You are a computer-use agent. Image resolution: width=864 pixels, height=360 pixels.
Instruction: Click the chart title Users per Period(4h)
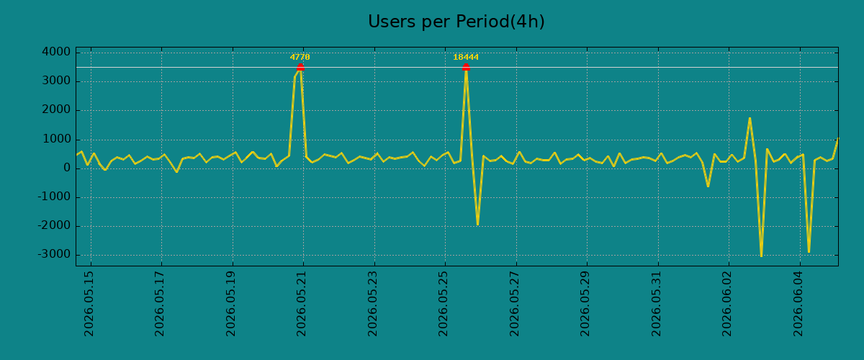456,22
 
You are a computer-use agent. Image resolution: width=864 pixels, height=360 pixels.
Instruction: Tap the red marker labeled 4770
300,67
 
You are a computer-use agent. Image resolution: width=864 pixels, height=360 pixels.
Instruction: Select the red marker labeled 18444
466,67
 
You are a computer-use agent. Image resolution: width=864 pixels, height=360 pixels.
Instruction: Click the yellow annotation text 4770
300,57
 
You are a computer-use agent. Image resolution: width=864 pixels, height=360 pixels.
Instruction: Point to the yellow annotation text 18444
466,57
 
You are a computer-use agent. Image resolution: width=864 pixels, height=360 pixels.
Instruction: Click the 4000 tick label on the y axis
56,52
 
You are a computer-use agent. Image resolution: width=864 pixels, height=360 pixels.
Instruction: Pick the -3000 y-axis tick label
54,255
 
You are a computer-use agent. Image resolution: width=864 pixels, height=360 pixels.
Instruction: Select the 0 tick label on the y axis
67,168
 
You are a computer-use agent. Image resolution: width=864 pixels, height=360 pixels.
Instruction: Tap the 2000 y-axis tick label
56,110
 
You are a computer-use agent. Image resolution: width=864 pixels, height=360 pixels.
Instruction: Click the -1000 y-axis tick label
54,197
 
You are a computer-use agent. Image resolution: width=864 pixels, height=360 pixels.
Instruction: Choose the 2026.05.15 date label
89,304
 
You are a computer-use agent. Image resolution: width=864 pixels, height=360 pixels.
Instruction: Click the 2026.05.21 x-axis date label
301,304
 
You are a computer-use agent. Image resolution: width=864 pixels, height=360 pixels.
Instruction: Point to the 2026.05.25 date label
443,304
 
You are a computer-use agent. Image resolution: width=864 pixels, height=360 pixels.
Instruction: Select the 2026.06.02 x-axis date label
726,304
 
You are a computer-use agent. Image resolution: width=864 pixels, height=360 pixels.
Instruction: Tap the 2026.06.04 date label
798,304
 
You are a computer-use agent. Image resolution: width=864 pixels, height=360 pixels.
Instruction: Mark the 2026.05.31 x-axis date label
656,304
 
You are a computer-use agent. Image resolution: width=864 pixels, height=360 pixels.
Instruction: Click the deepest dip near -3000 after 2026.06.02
761,256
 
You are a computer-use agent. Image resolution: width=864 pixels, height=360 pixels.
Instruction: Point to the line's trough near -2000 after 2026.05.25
477,225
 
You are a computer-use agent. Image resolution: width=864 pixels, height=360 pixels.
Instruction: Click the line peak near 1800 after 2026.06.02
750,117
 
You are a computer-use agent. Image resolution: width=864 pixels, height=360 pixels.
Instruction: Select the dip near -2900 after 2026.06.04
809,252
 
